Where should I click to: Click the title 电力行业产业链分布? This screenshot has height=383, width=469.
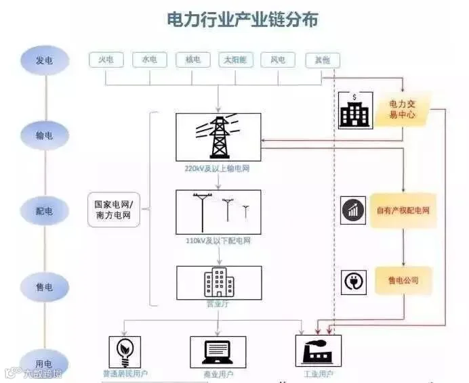242,20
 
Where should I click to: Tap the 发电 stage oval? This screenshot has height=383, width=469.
44,61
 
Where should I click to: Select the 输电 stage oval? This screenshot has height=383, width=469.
44,135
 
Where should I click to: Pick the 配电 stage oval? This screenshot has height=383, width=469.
44,210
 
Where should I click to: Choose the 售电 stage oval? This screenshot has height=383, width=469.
44,287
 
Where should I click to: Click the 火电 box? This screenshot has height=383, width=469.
106,60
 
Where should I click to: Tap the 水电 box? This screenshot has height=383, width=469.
149,60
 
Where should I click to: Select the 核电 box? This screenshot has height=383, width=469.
192,60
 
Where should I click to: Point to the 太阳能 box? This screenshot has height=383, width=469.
235,60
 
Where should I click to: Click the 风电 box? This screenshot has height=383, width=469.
278,60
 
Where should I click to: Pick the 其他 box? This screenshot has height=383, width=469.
322,60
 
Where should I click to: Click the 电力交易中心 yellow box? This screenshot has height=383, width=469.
404,110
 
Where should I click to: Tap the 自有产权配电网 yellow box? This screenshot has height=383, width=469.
403,210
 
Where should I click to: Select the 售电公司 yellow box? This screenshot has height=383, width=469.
403,280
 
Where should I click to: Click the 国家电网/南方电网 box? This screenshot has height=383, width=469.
114,210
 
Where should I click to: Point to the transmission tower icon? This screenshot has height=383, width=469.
218,137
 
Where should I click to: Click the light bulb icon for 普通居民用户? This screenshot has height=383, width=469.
125,351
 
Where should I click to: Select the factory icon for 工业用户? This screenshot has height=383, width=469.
318,351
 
